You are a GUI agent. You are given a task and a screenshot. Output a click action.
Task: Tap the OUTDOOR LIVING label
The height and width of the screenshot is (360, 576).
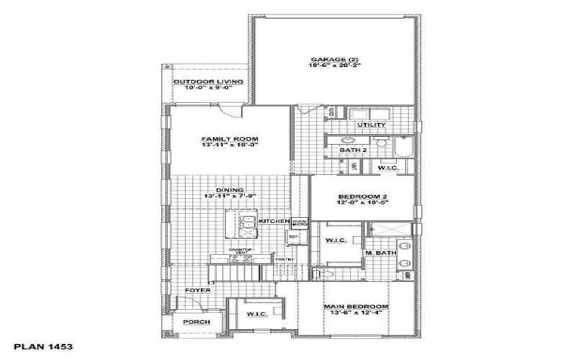coord(207,81)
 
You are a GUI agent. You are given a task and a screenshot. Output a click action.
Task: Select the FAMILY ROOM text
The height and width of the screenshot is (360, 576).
coord(230,138)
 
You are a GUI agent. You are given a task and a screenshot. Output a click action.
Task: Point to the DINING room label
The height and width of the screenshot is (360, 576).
coord(230,190)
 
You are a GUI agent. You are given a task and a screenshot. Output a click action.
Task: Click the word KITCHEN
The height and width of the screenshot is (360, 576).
coord(274,221)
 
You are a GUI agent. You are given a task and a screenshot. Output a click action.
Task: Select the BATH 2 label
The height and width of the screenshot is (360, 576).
coord(354,150)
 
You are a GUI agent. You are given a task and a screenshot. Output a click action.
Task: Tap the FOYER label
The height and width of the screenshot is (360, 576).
coord(197,290)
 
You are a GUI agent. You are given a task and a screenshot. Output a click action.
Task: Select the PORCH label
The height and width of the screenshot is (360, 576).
coord(196,322)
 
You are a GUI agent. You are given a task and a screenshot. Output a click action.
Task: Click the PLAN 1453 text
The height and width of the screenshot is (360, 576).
coord(42,346)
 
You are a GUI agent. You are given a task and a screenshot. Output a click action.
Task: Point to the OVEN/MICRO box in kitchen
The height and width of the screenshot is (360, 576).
coord(300,222)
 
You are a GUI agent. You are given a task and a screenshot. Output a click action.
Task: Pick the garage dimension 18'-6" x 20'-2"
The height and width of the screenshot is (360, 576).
coord(334,65)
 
